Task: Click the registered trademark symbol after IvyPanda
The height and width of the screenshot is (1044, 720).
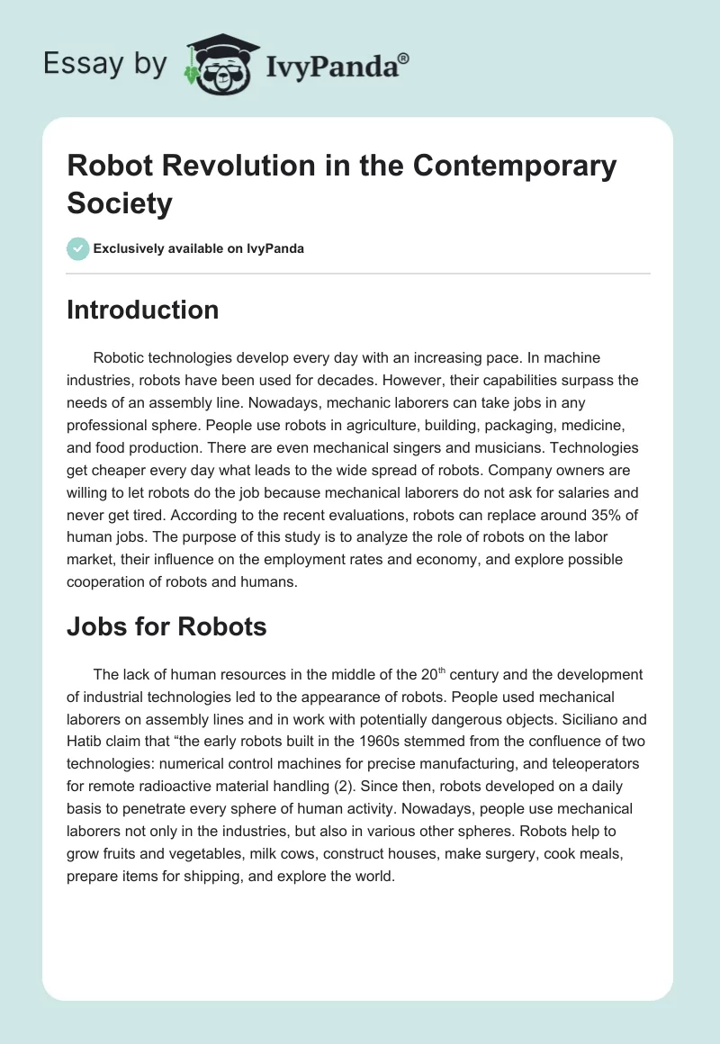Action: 404,58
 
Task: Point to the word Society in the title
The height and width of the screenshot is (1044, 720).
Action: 119,204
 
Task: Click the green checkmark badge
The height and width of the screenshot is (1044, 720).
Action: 78,248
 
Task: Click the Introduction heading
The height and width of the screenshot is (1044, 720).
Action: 142,310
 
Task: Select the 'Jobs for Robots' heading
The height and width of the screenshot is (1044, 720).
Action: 166,626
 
